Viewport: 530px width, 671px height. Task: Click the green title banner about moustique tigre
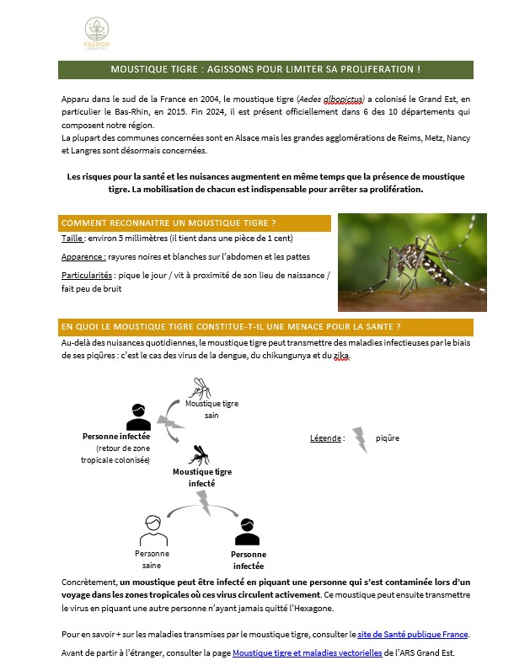pyautogui.click(x=265, y=69)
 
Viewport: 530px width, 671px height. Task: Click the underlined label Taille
pyautogui.click(x=72, y=239)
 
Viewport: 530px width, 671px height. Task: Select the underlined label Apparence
pyautogui.click(x=83, y=257)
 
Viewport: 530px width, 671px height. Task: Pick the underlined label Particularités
pyautogui.click(x=88, y=275)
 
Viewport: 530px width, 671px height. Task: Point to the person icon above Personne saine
pyautogui.click(x=152, y=530)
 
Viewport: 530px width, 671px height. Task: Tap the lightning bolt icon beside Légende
pyautogui.click(x=359, y=439)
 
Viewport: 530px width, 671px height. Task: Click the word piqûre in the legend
pyautogui.click(x=388, y=438)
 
